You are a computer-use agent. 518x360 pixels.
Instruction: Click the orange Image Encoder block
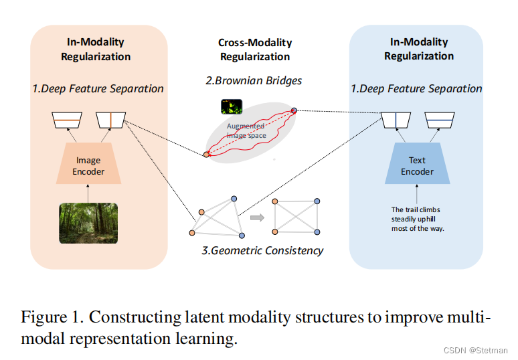pos(88,166)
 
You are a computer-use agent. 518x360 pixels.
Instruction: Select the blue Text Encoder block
pos(417,166)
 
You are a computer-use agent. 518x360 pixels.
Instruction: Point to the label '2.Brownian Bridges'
pos(254,81)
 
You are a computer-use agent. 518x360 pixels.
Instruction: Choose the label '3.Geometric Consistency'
pos(262,251)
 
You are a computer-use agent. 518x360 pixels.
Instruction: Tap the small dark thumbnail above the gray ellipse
pos(231,106)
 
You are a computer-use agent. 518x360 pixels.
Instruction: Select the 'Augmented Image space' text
pos(246,131)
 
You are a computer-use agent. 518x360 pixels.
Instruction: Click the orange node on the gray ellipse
pos(207,155)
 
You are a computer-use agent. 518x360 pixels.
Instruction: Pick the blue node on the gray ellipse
pos(293,110)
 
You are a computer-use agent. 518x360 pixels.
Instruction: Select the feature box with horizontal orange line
pos(67,120)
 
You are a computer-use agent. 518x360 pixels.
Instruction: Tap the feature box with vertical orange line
pos(110,120)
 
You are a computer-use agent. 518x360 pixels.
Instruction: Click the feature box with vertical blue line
pos(396,120)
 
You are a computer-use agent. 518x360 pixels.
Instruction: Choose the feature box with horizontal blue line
pos(440,120)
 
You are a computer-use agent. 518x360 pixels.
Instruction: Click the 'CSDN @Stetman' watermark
pos(477,350)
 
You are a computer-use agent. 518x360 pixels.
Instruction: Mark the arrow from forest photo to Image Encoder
pos(88,193)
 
